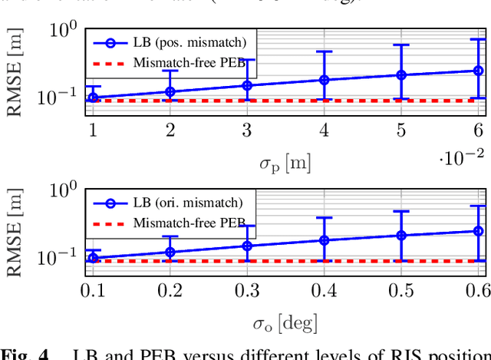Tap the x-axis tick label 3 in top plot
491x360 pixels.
246,129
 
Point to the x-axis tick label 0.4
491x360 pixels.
324,289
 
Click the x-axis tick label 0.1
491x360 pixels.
92,289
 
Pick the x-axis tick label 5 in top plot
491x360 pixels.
400,129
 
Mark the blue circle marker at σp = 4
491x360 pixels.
324,80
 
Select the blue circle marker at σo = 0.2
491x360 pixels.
170,252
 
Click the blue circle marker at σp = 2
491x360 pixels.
170,92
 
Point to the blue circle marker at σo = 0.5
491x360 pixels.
400,235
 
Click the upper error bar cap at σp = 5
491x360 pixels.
400,45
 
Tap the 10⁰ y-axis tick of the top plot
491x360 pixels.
64,31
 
